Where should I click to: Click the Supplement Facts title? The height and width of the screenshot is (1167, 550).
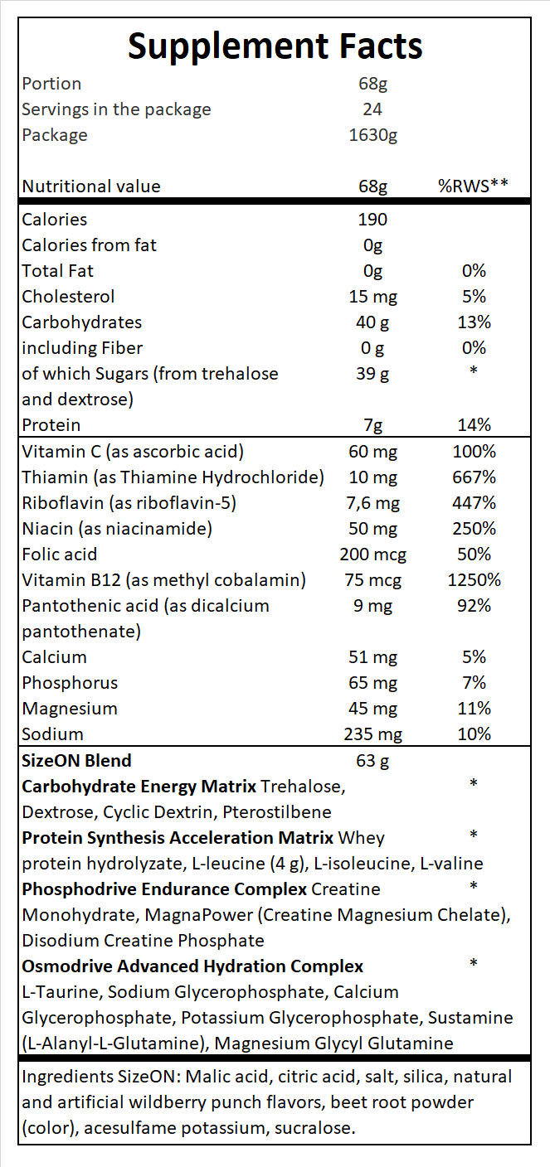tap(275, 46)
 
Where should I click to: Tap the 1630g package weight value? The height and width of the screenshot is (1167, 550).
tap(373, 135)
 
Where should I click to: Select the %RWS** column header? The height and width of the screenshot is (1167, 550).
tap(473, 186)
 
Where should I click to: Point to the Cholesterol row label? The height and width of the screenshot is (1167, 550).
tap(68, 297)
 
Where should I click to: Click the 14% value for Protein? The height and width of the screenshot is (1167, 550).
tap(474, 425)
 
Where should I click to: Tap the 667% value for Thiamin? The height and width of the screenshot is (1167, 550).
tap(474, 477)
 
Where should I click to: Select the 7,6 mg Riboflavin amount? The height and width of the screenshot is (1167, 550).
tap(373, 503)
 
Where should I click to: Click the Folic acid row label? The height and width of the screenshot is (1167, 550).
tap(60, 554)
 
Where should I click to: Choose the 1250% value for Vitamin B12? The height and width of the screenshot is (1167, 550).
tap(474, 580)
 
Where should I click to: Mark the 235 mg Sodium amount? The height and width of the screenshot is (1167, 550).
tap(373, 734)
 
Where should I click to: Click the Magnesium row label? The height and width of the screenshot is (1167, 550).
tap(70, 709)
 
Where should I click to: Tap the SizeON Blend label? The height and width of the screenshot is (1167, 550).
tap(76, 760)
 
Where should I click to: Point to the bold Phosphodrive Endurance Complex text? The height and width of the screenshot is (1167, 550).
tap(164, 889)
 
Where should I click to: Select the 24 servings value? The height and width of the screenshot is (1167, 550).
tap(373, 109)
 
